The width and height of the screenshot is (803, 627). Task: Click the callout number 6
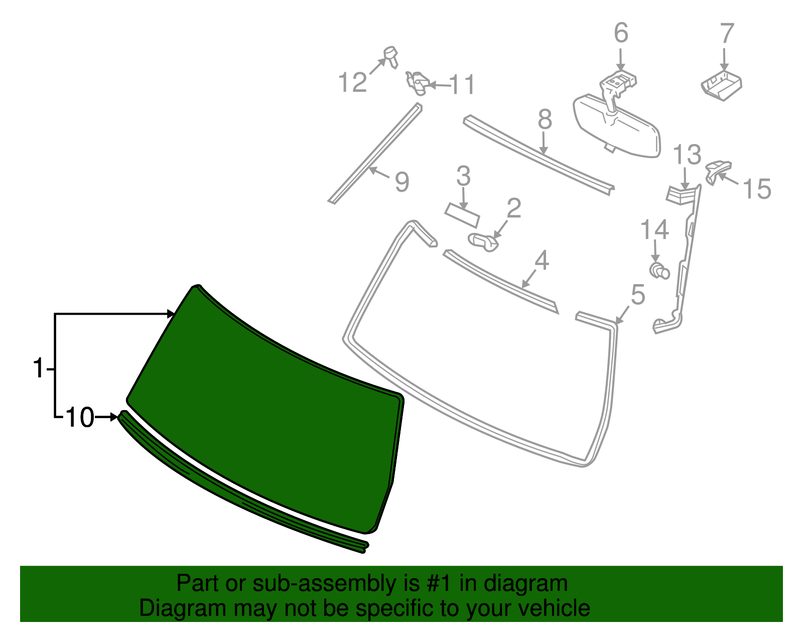pyautogui.click(x=621, y=33)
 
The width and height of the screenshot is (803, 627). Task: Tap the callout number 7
pyautogui.click(x=727, y=33)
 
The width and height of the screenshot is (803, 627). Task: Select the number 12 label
pyautogui.click(x=352, y=82)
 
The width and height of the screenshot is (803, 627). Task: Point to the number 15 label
pyautogui.click(x=757, y=189)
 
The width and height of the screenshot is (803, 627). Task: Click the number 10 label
pyautogui.click(x=80, y=418)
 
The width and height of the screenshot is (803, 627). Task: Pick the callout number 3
pyautogui.click(x=463, y=176)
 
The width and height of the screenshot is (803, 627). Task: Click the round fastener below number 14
pyautogui.click(x=659, y=271)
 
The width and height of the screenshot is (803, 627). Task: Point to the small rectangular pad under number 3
pyautogui.click(x=462, y=215)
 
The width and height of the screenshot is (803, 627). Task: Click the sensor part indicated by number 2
pyautogui.click(x=483, y=241)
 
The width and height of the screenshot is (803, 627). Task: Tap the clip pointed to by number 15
pyautogui.click(x=718, y=171)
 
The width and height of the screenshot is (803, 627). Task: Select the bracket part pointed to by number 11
pyautogui.click(x=418, y=84)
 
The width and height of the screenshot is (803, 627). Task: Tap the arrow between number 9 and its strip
pyautogui.click(x=379, y=173)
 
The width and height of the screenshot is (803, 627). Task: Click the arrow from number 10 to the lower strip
pyautogui.click(x=106, y=417)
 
